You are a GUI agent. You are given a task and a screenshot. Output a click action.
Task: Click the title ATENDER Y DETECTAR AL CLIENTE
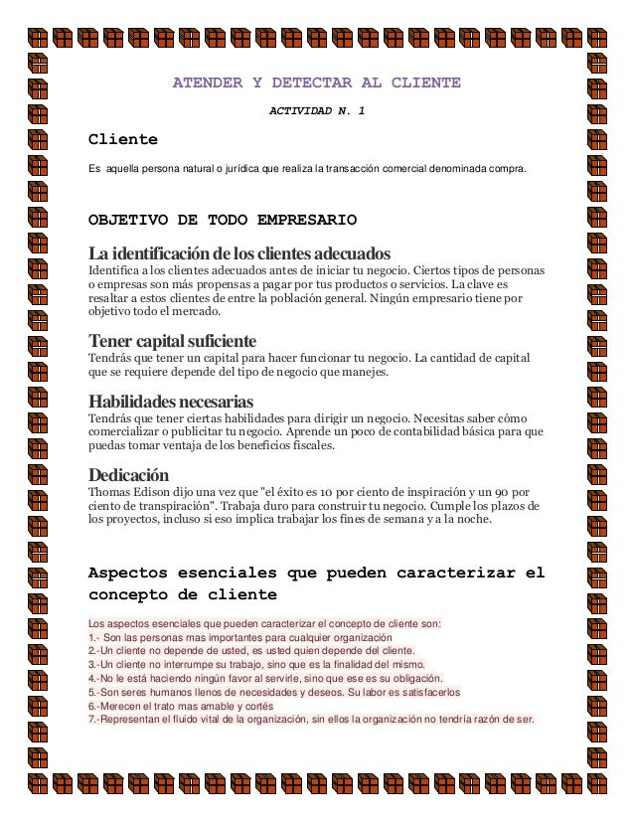(x=316, y=82)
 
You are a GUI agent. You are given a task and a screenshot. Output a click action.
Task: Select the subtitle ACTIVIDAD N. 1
(x=317, y=110)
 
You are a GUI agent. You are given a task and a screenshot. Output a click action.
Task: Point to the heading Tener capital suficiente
(x=173, y=341)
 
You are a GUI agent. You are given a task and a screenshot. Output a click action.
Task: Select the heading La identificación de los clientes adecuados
(x=234, y=250)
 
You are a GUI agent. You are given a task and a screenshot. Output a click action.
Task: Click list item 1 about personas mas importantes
(x=240, y=637)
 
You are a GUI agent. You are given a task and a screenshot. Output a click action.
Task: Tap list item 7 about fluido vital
(x=310, y=720)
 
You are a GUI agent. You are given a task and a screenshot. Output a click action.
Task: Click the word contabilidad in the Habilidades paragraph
(x=421, y=432)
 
